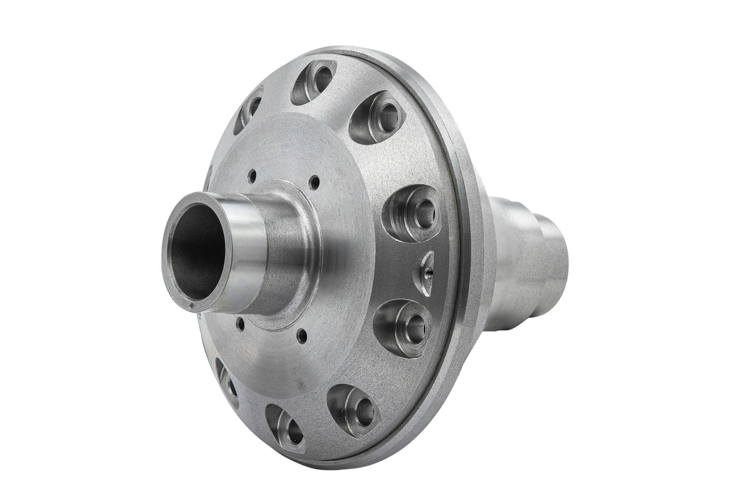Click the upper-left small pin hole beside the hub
[x=253, y=176]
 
